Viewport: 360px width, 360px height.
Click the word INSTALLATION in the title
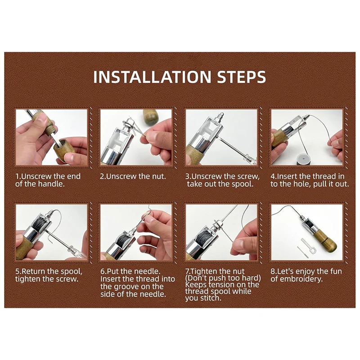[152, 76]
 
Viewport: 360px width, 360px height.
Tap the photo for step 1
[52, 137]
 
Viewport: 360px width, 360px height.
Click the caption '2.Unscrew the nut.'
[133, 176]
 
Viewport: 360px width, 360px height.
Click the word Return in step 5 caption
[34, 271]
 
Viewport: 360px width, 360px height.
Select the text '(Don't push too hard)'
[223, 278]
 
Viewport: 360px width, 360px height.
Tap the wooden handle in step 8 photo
[326, 241]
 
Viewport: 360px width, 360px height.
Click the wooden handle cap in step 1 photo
[64, 149]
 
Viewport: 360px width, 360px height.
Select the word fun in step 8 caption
[336, 271]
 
